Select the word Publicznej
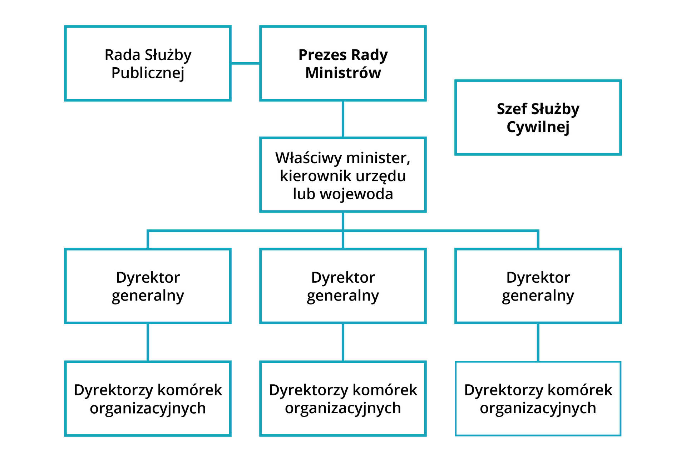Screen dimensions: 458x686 click(x=148, y=73)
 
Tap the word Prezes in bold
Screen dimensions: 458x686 click(x=323, y=55)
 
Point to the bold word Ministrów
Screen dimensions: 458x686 click(x=343, y=73)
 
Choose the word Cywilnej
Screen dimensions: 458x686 click(x=538, y=127)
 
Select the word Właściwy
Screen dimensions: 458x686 click(x=308, y=158)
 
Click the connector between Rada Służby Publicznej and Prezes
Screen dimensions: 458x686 click(x=245, y=63)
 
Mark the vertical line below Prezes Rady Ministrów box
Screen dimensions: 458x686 click(x=343, y=119)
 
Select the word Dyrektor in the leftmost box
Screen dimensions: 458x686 click(x=148, y=278)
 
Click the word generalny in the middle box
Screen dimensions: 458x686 click(x=343, y=296)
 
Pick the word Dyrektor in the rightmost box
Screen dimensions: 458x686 click(x=538, y=278)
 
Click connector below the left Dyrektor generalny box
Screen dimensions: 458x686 click(x=148, y=342)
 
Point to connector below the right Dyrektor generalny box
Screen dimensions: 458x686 click(x=538, y=342)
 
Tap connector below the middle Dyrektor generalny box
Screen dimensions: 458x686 click(x=343, y=342)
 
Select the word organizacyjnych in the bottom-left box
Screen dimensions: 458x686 click(x=148, y=408)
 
